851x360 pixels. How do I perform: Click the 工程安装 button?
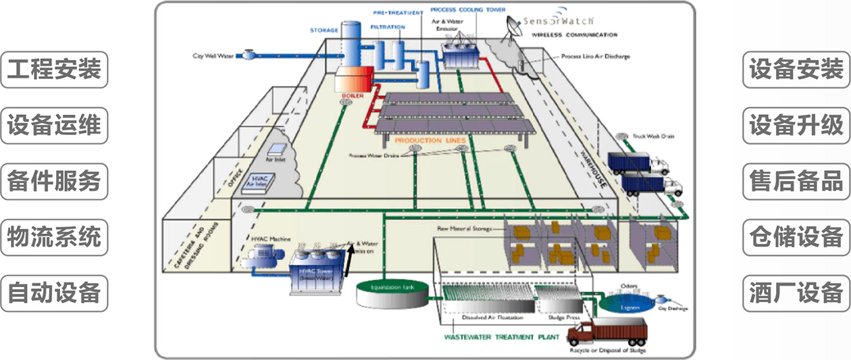[x=54, y=70]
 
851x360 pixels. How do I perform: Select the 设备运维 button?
[x=54, y=126]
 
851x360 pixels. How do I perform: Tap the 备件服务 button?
[x=54, y=181]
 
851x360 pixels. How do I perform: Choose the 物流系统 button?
[x=54, y=237]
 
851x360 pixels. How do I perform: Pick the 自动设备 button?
[x=54, y=293]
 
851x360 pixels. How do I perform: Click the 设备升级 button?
[x=796, y=126]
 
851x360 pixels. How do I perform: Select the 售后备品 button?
[x=796, y=181]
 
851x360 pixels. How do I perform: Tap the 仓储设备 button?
[x=796, y=237]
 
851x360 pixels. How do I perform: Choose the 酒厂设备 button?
[x=796, y=293]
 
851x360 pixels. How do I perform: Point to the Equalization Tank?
[x=391, y=290]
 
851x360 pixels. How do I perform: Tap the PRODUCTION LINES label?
[x=430, y=140]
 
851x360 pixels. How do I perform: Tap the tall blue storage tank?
[x=351, y=44]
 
